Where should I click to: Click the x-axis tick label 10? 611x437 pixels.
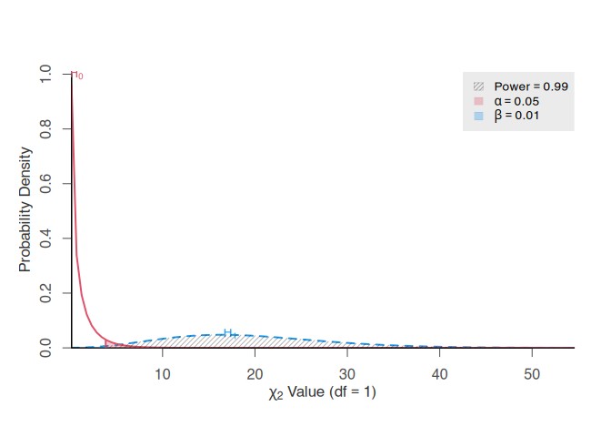(x=163, y=373)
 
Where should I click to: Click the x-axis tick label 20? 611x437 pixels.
(x=255, y=373)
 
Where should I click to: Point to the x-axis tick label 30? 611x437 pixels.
(x=347, y=373)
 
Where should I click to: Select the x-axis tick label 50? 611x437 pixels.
(x=532, y=373)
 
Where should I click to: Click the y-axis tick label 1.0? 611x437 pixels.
(x=46, y=75)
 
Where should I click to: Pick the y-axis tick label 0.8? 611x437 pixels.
(x=46, y=129)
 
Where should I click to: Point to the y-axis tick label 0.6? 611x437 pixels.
(x=46, y=184)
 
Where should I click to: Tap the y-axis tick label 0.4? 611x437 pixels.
(x=46, y=239)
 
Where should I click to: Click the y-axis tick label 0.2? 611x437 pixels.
(x=46, y=293)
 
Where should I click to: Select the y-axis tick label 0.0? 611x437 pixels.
(x=46, y=348)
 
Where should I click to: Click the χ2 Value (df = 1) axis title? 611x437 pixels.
(x=323, y=393)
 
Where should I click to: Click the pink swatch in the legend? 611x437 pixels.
(x=478, y=101)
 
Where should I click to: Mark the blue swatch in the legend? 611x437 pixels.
(x=478, y=116)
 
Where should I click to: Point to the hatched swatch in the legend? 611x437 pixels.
(x=478, y=86)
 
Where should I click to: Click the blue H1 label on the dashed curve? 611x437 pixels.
(x=229, y=332)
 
